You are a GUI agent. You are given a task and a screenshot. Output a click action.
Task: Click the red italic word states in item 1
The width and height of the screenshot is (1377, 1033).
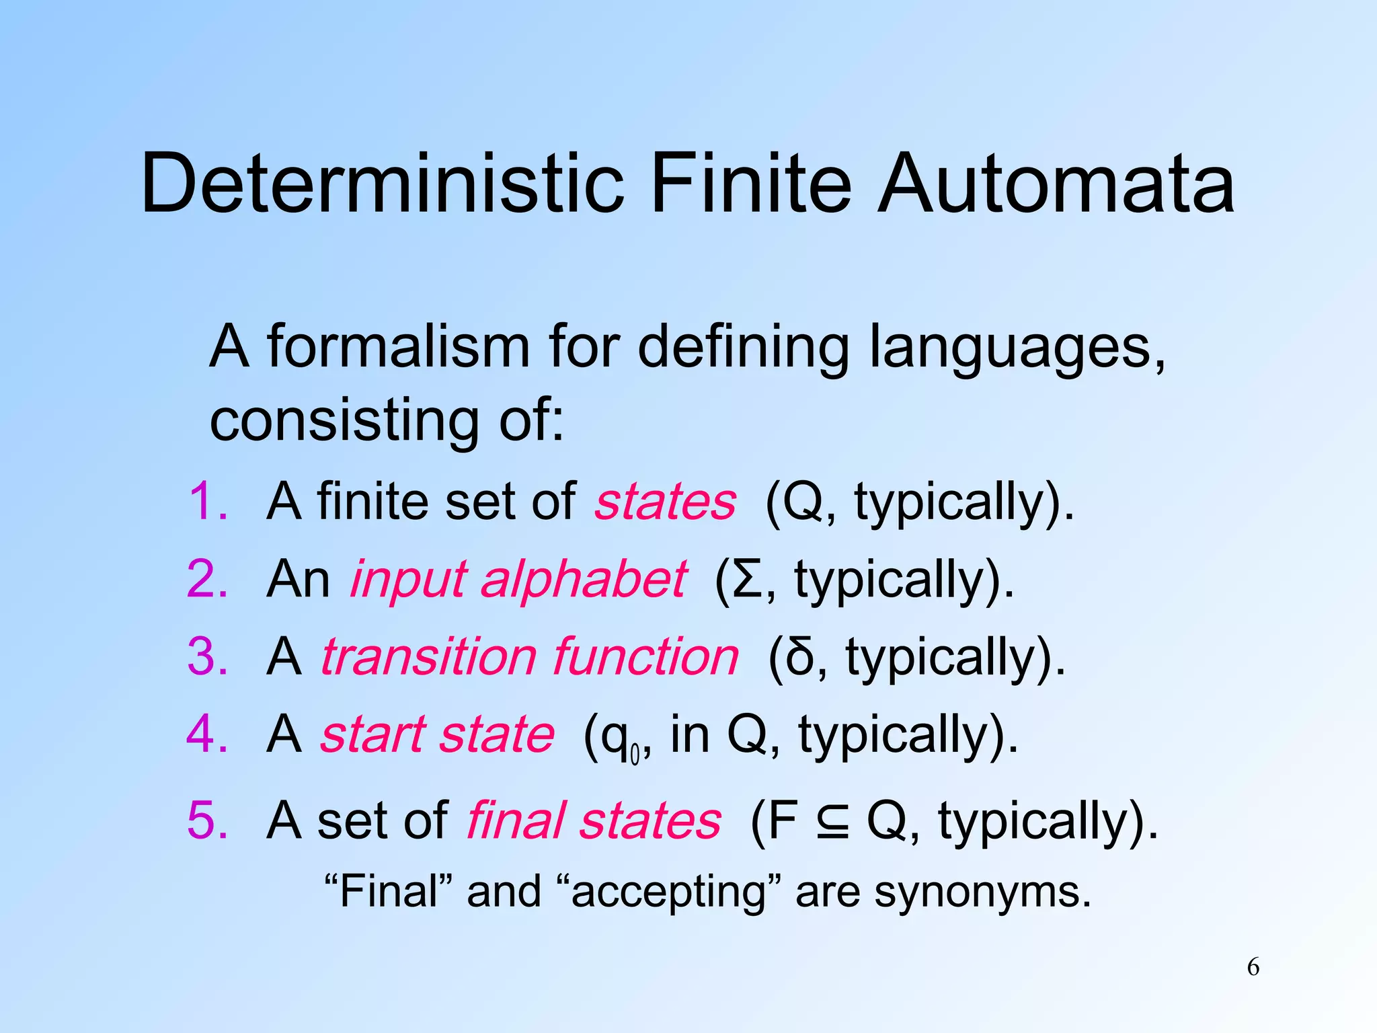(x=665, y=502)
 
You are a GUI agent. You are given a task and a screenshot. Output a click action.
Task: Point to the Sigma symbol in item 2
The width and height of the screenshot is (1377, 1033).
(x=747, y=580)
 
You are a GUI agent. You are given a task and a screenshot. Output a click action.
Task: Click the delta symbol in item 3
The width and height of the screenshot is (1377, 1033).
(x=799, y=656)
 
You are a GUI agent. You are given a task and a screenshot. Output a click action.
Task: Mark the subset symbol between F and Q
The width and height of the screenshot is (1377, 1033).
(x=832, y=821)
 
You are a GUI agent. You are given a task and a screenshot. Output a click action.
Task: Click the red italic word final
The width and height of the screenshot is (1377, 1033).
(x=516, y=820)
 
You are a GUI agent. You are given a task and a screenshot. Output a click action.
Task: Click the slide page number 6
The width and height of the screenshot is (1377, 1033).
(x=1253, y=967)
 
